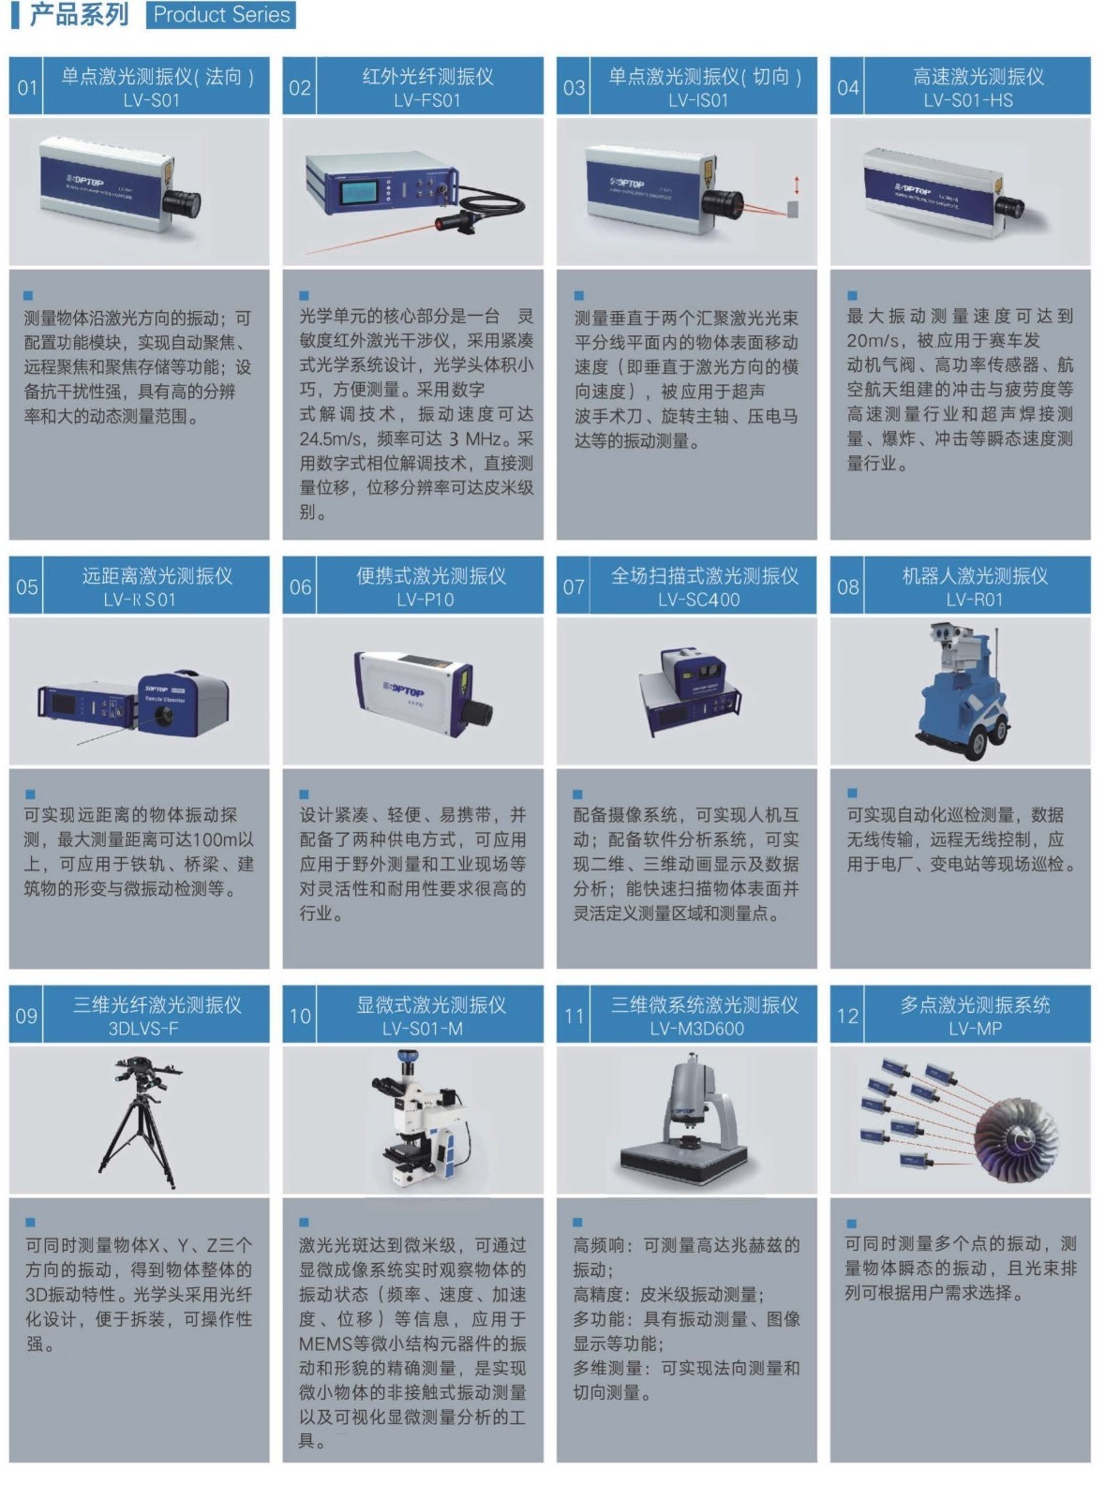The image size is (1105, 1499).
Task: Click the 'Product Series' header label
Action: pyautogui.click(x=221, y=15)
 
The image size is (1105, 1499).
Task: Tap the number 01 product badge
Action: pyautogui.click(x=26, y=87)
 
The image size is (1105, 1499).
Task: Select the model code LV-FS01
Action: pyautogui.click(x=427, y=100)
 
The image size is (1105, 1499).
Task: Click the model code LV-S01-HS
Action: pyautogui.click(x=968, y=100)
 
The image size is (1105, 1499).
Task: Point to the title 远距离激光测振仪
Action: pyautogui.click(x=157, y=575)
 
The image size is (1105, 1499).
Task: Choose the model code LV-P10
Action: pyautogui.click(x=425, y=600)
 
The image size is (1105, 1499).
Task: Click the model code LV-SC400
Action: pyautogui.click(x=699, y=600)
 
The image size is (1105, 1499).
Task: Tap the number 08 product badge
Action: pyautogui.click(x=847, y=586)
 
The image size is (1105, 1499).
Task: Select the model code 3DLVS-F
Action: pyautogui.click(x=143, y=1029)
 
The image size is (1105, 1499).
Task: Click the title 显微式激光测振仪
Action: pyautogui.click(x=431, y=1004)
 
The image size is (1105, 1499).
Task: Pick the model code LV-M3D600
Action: pyautogui.click(x=696, y=1029)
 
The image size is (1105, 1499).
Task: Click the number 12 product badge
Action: pyautogui.click(x=847, y=1016)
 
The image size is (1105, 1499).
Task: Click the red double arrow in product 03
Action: pyautogui.click(x=797, y=185)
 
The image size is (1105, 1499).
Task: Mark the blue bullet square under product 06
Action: pyautogui.click(x=304, y=794)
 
